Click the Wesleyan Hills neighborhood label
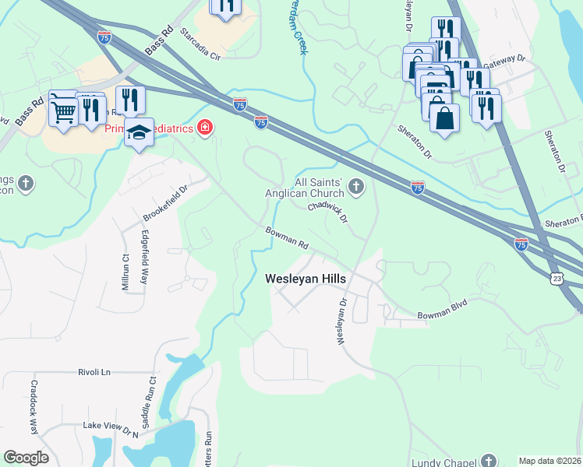tap(306, 278)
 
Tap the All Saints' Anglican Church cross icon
tap(356, 185)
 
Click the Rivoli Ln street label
tap(95, 372)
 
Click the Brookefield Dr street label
tap(165, 202)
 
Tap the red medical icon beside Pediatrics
tap(205, 127)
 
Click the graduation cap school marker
tap(139, 132)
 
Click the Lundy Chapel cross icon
tap(489, 461)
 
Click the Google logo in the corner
tap(26, 458)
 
